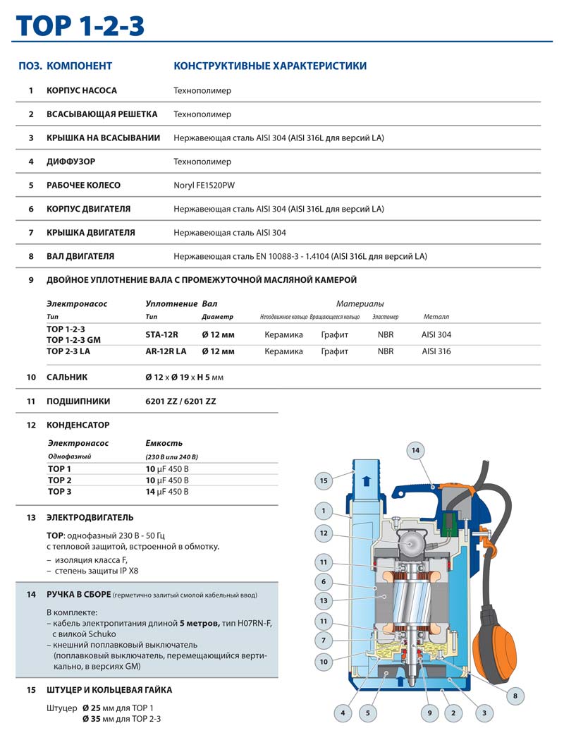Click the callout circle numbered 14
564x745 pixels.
415,449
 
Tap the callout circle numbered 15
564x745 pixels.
323,480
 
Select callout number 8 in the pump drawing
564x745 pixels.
515,696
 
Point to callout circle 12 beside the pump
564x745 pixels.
323,533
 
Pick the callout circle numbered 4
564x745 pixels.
343,713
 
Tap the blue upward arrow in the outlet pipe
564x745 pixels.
364,482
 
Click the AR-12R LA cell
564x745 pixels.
166,351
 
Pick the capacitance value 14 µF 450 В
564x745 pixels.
167,492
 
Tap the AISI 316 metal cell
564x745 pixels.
436,351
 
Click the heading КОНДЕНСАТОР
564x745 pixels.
78,425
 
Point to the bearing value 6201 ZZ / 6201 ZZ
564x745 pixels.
180,401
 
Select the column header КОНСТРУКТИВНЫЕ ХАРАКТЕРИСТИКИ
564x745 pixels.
270,66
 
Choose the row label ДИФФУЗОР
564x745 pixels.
70,162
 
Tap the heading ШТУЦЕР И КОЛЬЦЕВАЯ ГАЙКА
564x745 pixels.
109,690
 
